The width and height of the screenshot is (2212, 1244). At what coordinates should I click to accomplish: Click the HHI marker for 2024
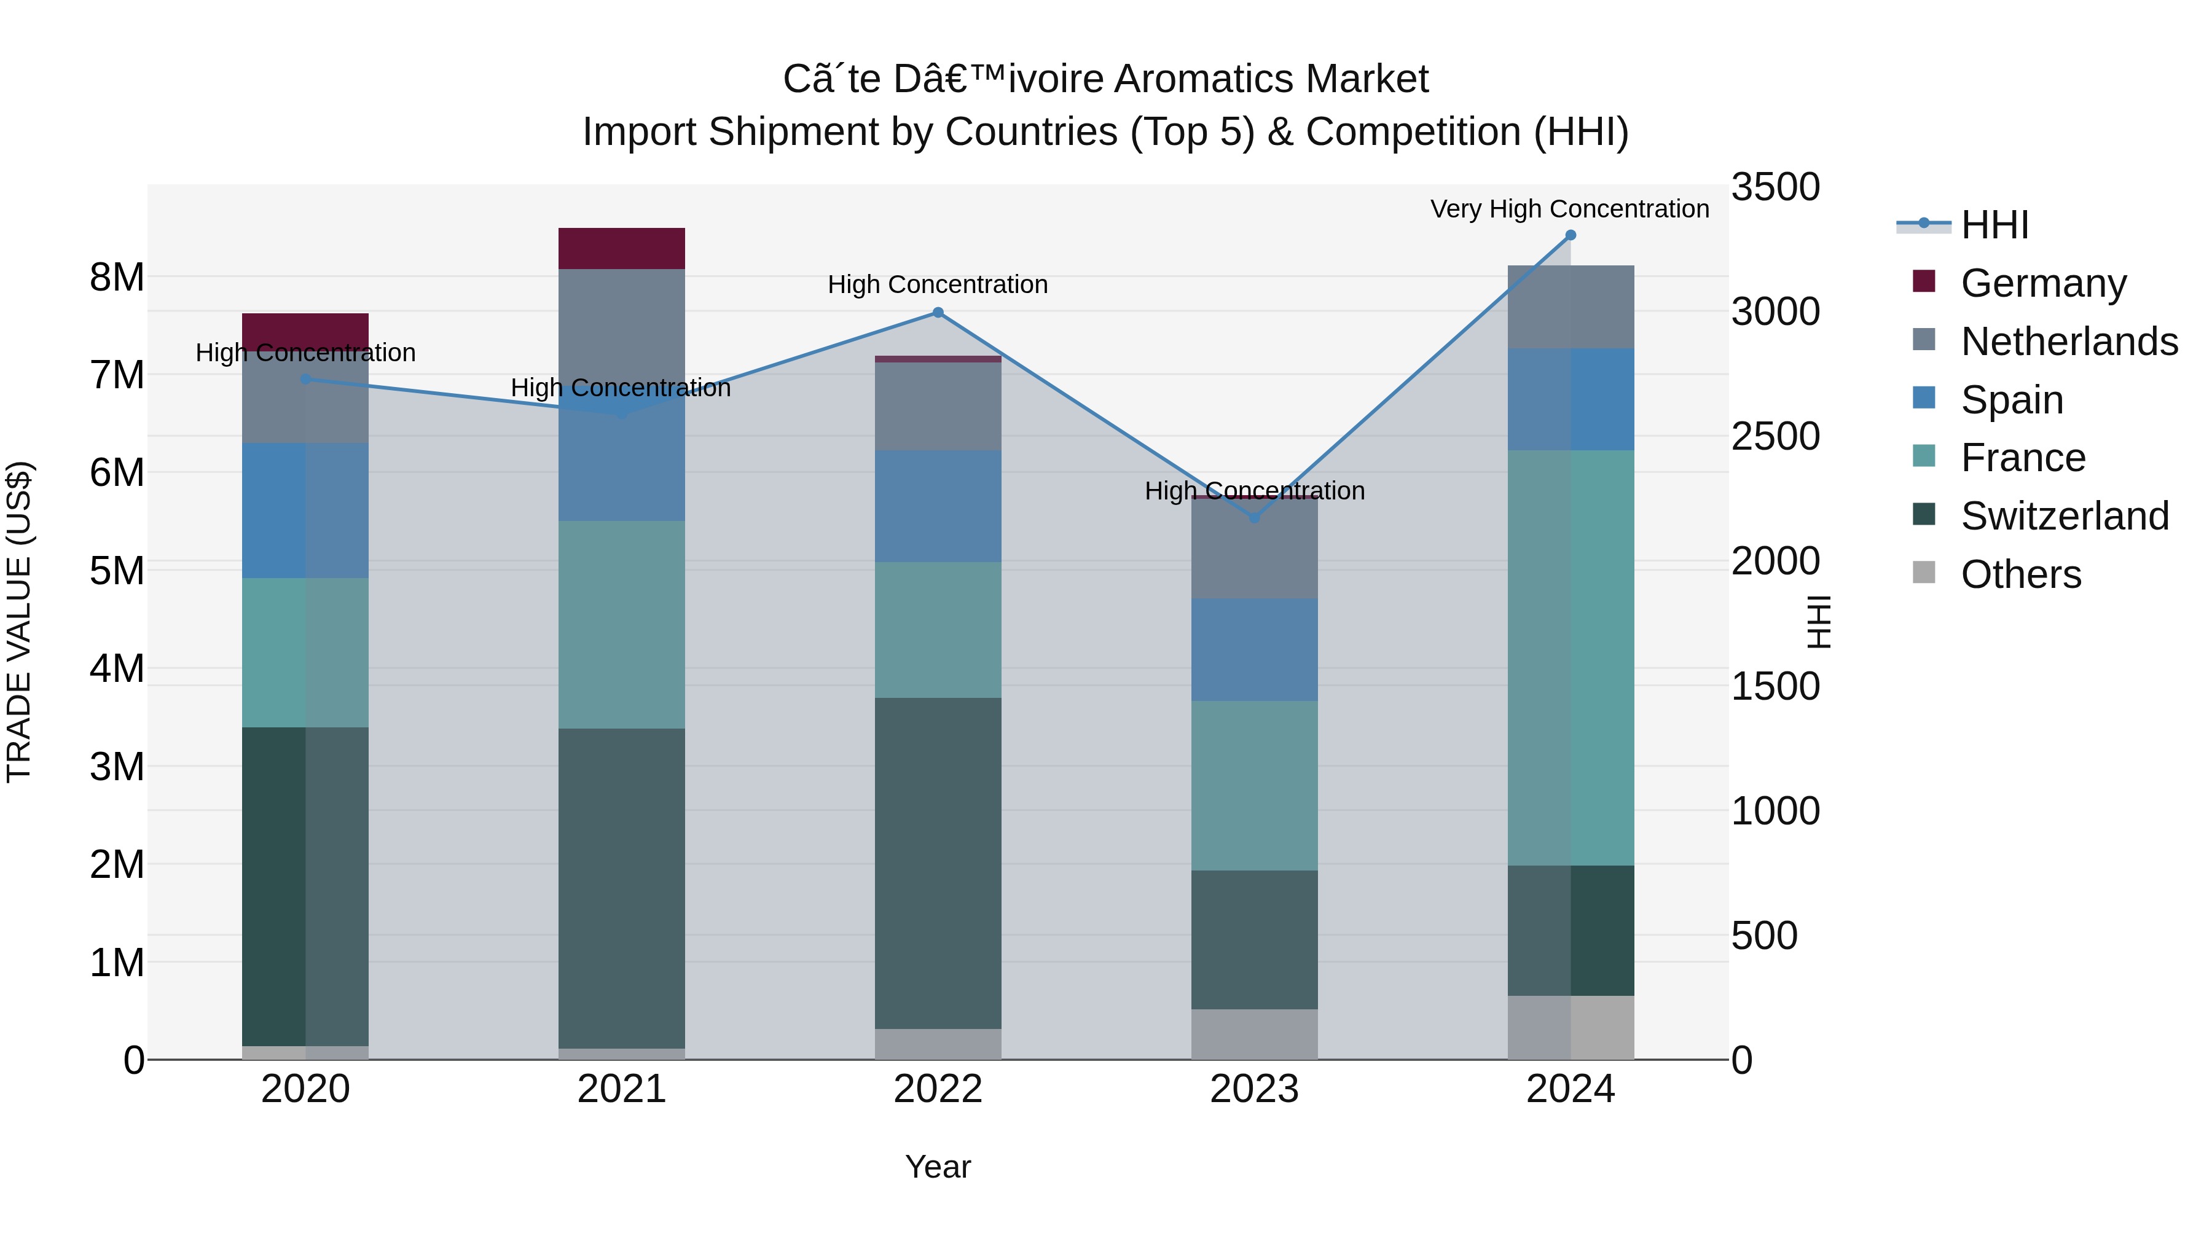(x=1571, y=235)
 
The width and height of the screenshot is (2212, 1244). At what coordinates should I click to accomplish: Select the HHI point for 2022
(x=938, y=313)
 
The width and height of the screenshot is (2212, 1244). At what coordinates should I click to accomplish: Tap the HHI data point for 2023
(x=1253, y=518)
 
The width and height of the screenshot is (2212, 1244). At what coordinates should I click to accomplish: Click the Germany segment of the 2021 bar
(x=622, y=249)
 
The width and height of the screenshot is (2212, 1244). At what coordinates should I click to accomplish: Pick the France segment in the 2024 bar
(x=1571, y=657)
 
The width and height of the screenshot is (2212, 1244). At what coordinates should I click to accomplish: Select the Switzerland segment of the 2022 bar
(x=938, y=863)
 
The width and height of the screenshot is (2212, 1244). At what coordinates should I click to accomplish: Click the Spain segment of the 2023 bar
(x=1253, y=650)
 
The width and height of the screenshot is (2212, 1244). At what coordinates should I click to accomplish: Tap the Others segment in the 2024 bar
(x=1571, y=1028)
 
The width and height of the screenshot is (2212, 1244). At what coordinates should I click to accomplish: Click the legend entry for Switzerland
(x=2065, y=516)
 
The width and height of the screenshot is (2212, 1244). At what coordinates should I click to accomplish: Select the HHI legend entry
(x=1994, y=225)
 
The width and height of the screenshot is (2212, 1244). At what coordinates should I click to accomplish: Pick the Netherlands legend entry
(x=2069, y=342)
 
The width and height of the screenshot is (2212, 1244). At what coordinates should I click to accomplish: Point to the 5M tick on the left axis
(x=117, y=571)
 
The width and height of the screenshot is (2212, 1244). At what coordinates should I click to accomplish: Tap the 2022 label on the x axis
(x=938, y=1089)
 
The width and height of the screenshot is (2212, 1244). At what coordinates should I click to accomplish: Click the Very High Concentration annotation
(x=1570, y=209)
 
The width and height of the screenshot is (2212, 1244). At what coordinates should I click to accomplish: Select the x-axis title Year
(x=938, y=1167)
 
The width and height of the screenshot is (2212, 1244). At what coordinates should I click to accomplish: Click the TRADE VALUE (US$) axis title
(x=19, y=622)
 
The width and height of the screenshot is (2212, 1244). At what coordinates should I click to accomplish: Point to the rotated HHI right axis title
(x=1819, y=622)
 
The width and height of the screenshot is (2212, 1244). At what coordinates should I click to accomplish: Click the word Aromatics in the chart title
(x=1212, y=79)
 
